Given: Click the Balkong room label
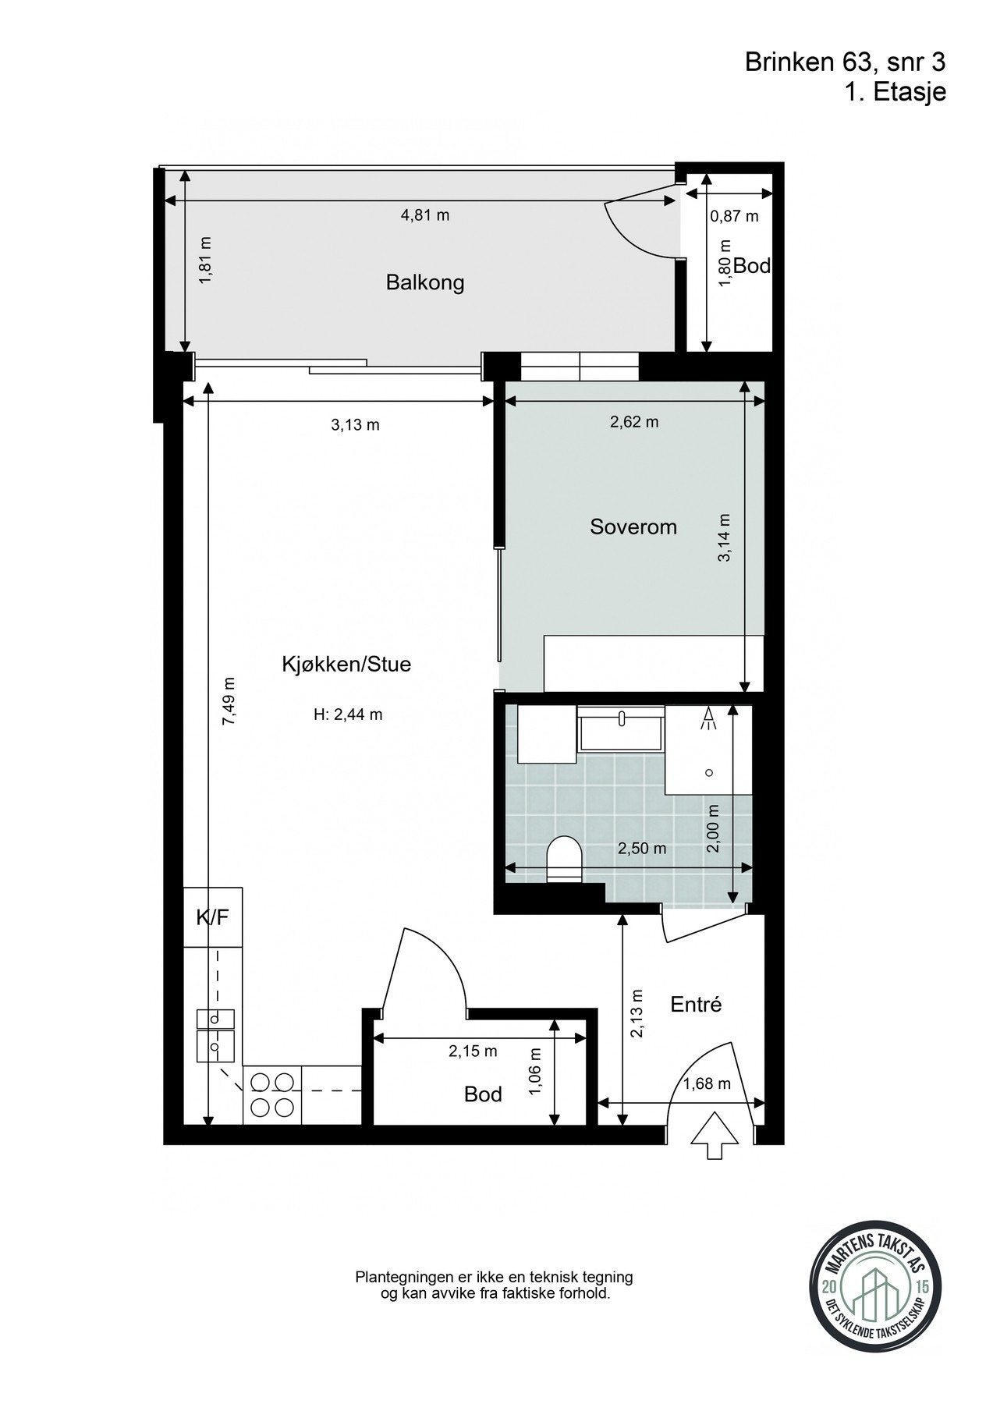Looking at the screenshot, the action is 425,282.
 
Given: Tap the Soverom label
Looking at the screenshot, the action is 633,526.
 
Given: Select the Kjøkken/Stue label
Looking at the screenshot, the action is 346,665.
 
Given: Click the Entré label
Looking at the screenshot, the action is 697,1005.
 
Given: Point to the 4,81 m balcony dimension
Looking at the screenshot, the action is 425,215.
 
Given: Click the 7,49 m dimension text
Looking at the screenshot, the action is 229,701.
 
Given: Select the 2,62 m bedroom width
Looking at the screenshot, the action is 634,422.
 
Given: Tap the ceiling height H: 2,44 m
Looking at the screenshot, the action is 348,714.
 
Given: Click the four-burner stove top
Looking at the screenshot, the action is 273,1095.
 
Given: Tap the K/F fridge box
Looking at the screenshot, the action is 213,917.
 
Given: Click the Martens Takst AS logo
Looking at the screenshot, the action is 866,1292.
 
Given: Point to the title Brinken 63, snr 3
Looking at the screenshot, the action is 846,62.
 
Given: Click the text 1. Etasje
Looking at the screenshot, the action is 895,92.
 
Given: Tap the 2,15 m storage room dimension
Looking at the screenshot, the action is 473,1051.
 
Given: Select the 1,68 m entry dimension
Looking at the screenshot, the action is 707,1083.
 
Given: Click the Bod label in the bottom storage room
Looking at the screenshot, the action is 483,1094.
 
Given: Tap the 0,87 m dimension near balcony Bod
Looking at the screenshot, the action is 734,216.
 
